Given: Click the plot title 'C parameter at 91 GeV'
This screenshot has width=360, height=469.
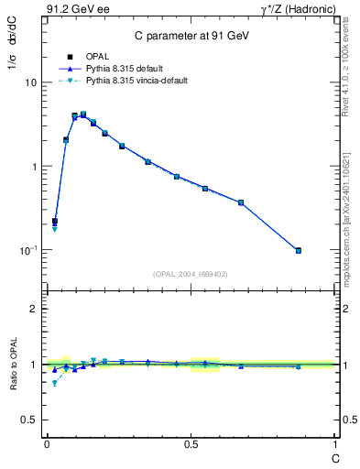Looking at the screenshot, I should click(x=191, y=36).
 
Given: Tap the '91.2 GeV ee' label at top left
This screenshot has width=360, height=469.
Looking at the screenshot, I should click(x=78, y=10).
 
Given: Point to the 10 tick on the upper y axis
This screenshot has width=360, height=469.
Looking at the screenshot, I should click(x=32, y=82).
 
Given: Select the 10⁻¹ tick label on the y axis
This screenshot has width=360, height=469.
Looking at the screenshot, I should click(x=30, y=250).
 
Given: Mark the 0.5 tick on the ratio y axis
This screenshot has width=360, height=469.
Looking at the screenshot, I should click(x=31, y=420).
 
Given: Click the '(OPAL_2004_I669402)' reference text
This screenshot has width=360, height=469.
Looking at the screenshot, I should click(x=191, y=273).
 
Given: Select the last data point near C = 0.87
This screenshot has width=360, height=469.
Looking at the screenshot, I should click(x=299, y=250).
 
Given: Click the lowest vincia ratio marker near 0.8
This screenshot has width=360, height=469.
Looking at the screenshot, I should click(x=54, y=383).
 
